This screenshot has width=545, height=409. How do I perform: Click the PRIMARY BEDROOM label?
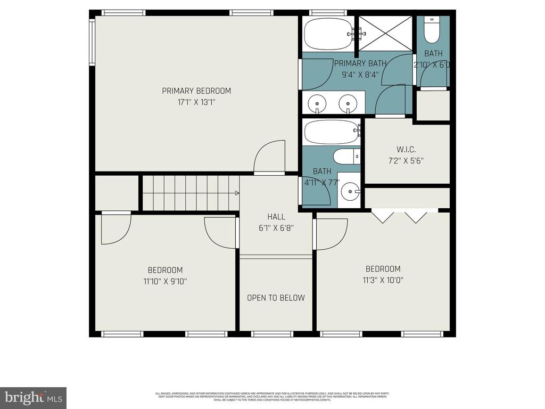(196, 91)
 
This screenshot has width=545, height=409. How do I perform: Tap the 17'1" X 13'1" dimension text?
(196, 102)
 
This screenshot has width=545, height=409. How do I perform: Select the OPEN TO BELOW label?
(276, 298)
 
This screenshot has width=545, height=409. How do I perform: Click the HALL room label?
(276, 217)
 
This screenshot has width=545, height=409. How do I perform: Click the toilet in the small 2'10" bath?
(432, 31)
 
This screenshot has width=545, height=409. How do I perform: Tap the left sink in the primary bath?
(317, 101)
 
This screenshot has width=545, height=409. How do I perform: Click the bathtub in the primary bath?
(328, 34)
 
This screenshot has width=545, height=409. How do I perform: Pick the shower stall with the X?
(385, 33)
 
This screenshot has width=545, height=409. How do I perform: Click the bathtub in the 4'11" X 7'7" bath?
(331, 132)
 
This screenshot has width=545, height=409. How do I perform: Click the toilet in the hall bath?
(346, 157)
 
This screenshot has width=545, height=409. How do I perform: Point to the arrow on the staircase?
(235, 193)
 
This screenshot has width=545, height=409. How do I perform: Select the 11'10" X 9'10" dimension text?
(165, 281)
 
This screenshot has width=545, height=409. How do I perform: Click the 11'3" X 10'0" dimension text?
(383, 280)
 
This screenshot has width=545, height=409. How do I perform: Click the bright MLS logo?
(33, 397)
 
